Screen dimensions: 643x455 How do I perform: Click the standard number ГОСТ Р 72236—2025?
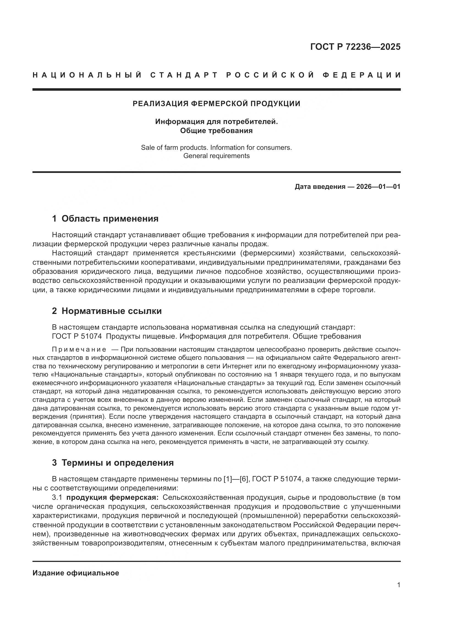click(x=355, y=47)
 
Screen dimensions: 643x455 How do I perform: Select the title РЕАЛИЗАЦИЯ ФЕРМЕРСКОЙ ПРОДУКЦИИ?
click(x=216, y=104)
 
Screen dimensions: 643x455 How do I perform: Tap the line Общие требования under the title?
click(x=216, y=131)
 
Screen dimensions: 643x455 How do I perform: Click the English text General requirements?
click(x=216, y=156)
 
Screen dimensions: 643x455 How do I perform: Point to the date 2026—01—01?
click(x=378, y=186)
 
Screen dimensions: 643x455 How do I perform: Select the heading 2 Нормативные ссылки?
click(x=107, y=311)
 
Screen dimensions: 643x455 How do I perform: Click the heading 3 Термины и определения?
click(x=113, y=463)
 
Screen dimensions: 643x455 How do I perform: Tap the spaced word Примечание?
click(x=79, y=349)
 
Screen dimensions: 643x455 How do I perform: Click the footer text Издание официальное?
click(x=76, y=573)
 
